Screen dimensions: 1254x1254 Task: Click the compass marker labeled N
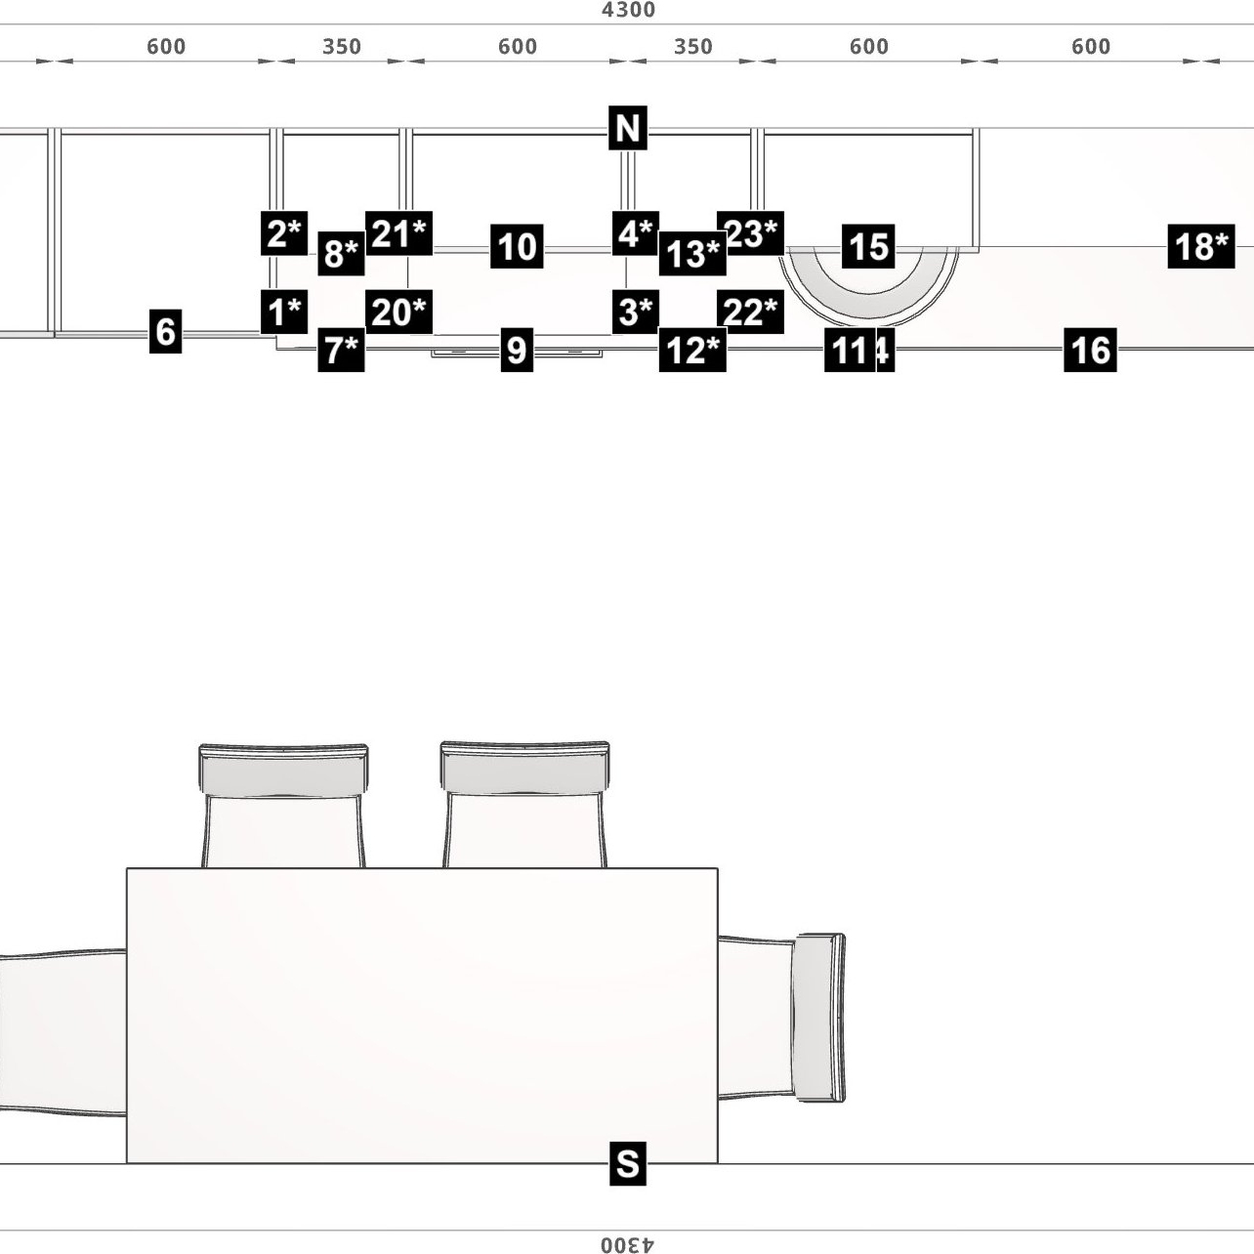click(627, 128)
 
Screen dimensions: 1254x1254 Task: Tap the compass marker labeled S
click(627, 1163)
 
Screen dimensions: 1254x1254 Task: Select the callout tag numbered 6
click(166, 331)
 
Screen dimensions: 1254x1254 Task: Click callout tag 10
click(517, 246)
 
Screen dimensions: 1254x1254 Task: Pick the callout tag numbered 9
click(517, 350)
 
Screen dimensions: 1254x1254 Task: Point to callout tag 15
click(868, 246)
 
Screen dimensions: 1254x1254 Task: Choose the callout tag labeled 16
click(1090, 350)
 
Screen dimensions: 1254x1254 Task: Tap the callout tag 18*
click(1200, 246)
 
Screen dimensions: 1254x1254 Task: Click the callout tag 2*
click(284, 233)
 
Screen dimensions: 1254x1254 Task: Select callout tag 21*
click(398, 233)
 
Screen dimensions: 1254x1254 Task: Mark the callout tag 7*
click(341, 350)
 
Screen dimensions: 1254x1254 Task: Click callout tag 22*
click(750, 312)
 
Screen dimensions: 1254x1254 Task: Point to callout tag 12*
click(692, 350)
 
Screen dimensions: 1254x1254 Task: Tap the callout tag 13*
click(692, 254)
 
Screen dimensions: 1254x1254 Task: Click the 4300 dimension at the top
click(628, 11)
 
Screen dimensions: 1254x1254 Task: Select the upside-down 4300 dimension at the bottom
click(628, 1244)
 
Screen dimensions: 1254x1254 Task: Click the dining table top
click(422, 1016)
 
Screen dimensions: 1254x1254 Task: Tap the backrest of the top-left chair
click(283, 770)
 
